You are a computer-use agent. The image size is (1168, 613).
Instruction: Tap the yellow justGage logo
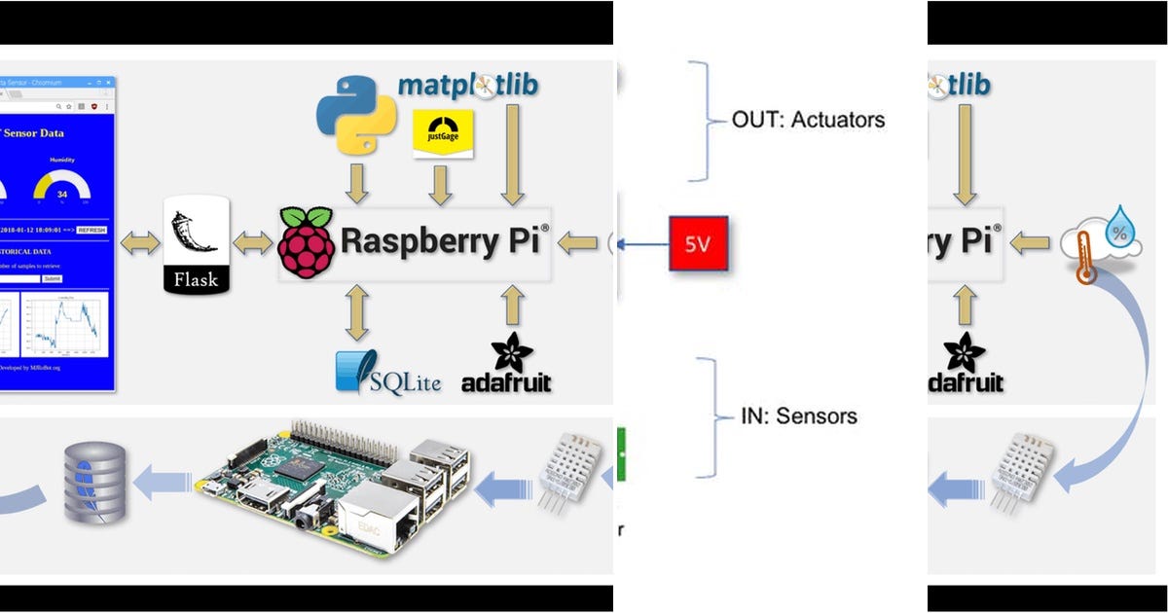pyautogui.click(x=443, y=133)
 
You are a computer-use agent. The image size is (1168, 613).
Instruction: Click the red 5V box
pyautogui.click(x=698, y=243)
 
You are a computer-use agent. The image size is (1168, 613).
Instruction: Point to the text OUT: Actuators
pyautogui.click(x=808, y=121)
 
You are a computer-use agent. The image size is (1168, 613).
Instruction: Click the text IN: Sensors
pyautogui.click(x=797, y=416)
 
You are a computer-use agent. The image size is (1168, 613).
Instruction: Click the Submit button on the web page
pyautogui.click(x=52, y=278)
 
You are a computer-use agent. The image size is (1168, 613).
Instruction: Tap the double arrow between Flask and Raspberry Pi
pyautogui.click(x=253, y=243)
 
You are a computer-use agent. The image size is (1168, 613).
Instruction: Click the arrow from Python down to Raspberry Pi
pyautogui.click(x=357, y=184)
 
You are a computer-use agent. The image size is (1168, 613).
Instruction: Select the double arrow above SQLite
pyautogui.click(x=357, y=311)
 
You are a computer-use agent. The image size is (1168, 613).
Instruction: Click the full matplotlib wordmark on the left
pyautogui.click(x=468, y=85)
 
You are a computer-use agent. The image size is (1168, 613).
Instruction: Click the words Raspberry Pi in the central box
pyautogui.click(x=443, y=241)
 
